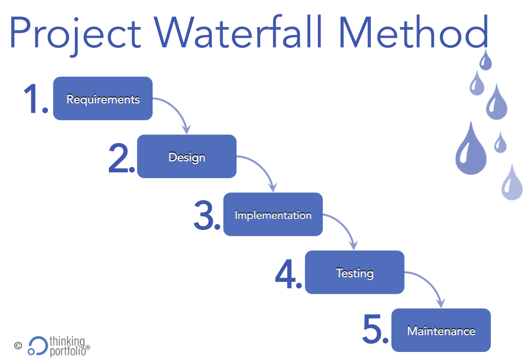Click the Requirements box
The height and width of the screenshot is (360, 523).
103,99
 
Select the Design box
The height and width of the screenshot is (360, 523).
187,156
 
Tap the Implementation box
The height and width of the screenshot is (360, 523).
273,215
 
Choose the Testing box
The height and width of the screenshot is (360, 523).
354,272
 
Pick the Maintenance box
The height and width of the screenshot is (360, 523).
441,330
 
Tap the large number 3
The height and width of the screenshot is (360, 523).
206,215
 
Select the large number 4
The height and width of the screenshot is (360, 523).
287,273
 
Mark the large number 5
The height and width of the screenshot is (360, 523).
374,330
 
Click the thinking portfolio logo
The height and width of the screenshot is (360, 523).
58,345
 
